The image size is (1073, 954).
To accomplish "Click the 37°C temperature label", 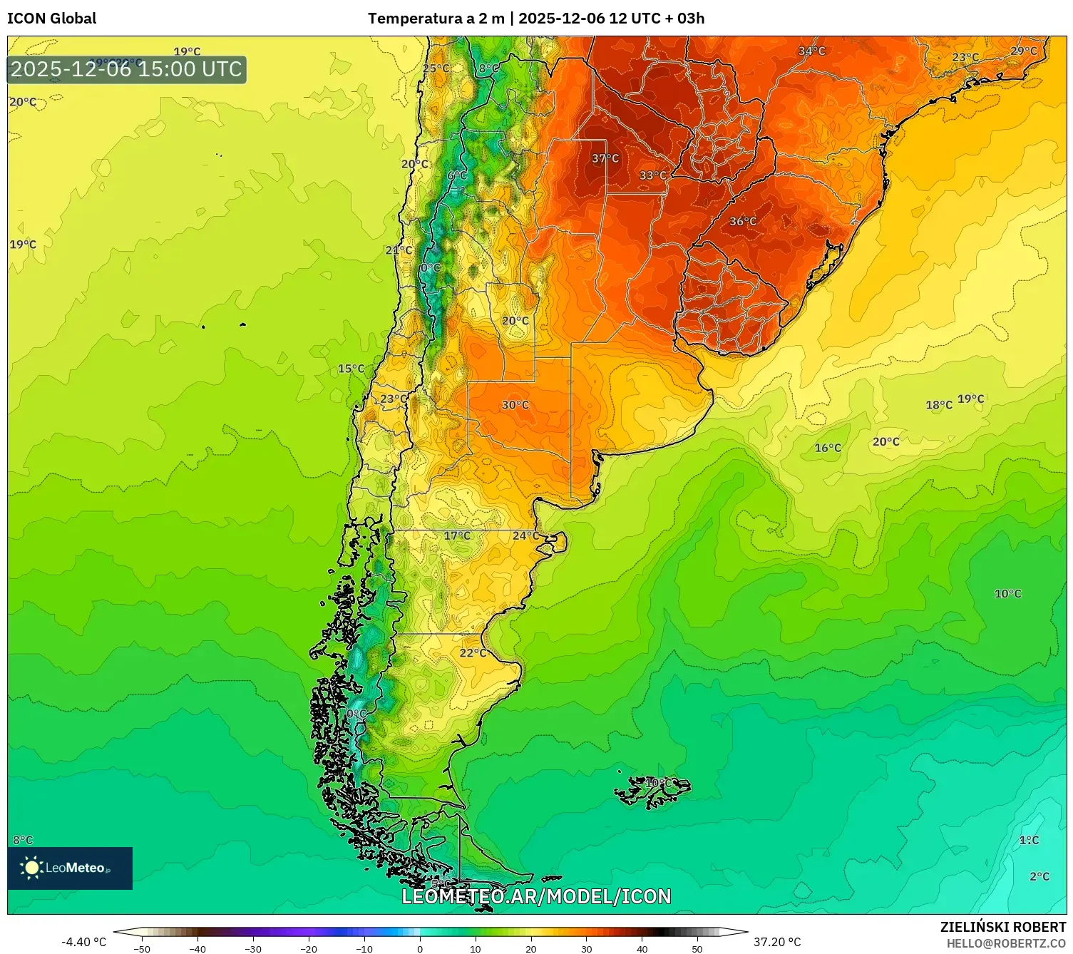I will (605, 158).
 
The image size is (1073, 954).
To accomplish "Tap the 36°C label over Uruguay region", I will (742, 222).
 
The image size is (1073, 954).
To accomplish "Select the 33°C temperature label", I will (652, 175).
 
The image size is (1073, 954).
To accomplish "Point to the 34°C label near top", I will (811, 51).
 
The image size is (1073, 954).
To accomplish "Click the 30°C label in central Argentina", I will (515, 405).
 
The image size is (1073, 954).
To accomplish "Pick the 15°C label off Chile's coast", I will (351, 369).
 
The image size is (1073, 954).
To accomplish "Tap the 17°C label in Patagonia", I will (457, 535).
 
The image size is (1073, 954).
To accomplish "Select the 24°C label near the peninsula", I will (525, 535).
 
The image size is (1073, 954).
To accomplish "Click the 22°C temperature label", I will (472, 653).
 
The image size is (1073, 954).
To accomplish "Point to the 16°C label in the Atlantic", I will (828, 448).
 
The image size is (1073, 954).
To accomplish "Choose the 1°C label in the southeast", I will (1029, 840).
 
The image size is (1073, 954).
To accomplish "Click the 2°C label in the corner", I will (1039, 876).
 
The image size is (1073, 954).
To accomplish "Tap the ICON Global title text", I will (52, 19).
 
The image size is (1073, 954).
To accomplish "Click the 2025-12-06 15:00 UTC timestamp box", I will (127, 70).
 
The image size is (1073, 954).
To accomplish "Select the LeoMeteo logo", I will (70, 868).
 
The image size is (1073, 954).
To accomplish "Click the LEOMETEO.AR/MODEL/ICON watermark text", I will (536, 896).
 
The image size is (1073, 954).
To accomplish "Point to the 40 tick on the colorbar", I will (642, 949).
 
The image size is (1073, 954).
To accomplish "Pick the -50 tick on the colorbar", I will (142, 949).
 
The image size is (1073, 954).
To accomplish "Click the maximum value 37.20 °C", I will (777, 942).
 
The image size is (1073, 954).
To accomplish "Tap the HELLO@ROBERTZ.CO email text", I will (1006, 943).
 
